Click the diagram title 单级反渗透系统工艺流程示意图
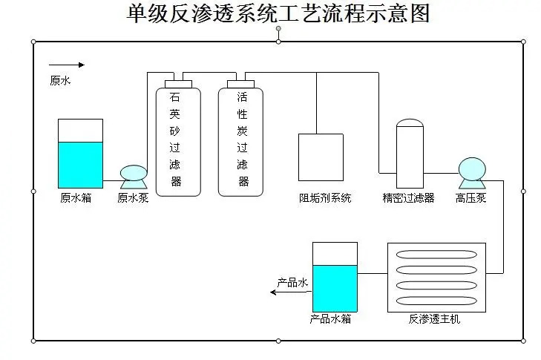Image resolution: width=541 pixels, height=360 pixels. coord(278,13)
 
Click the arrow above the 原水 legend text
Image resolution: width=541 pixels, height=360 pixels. coord(66,65)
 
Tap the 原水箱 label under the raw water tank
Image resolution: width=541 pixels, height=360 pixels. coord(76,198)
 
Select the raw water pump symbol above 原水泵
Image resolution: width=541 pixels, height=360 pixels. coord(134,175)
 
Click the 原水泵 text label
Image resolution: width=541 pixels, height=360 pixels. coord(133,198)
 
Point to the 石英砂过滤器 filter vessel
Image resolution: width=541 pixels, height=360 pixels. coord(177,141)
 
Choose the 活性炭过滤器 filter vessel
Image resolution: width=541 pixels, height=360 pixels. coord(240,141)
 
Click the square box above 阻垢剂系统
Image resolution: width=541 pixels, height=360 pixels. coord(321,157)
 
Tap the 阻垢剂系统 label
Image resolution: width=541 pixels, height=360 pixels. coord(325,198)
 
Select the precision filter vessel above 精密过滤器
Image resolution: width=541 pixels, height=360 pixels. coord(409,154)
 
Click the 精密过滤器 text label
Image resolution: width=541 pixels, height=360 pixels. coord(408,198)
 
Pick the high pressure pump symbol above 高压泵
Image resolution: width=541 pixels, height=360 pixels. coord(471,171)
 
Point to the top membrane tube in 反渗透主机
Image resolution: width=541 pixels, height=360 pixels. coord(436,255)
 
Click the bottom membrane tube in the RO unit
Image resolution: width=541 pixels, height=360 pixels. coord(436,301)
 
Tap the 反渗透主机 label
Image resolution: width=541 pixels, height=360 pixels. coord(435,319)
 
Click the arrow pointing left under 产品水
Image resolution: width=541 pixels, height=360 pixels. coord(289,292)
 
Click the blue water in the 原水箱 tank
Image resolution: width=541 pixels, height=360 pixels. coord(80,165)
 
